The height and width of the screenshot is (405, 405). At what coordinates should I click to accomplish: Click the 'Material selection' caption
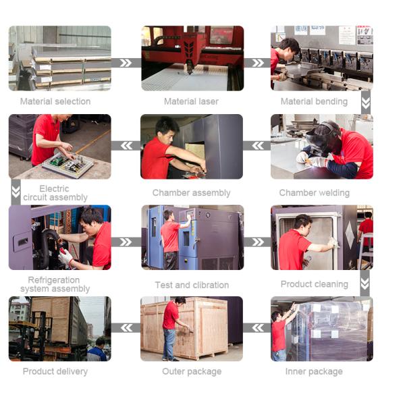(55, 101)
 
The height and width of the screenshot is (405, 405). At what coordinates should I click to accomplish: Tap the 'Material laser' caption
(191, 101)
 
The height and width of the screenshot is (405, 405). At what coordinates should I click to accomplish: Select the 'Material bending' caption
(314, 101)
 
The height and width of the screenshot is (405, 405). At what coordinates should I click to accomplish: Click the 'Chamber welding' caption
(314, 193)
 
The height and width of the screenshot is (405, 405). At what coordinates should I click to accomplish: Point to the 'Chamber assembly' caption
(191, 193)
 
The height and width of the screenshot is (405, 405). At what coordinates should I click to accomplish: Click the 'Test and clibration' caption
(192, 285)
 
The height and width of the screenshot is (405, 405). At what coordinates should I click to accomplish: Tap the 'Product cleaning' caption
(314, 284)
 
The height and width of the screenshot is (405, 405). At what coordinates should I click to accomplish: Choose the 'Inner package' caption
(314, 371)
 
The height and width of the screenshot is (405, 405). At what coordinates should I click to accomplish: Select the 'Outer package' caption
(192, 371)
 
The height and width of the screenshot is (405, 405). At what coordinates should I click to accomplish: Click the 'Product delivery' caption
(55, 371)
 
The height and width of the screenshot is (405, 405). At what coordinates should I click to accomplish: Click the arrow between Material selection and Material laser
(126, 63)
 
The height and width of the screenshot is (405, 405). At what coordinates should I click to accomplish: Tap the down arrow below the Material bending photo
(366, 103)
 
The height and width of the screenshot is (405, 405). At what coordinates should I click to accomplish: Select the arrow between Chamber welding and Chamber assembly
(256, 146)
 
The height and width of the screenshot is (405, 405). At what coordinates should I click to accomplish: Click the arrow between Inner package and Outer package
(256, 328)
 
